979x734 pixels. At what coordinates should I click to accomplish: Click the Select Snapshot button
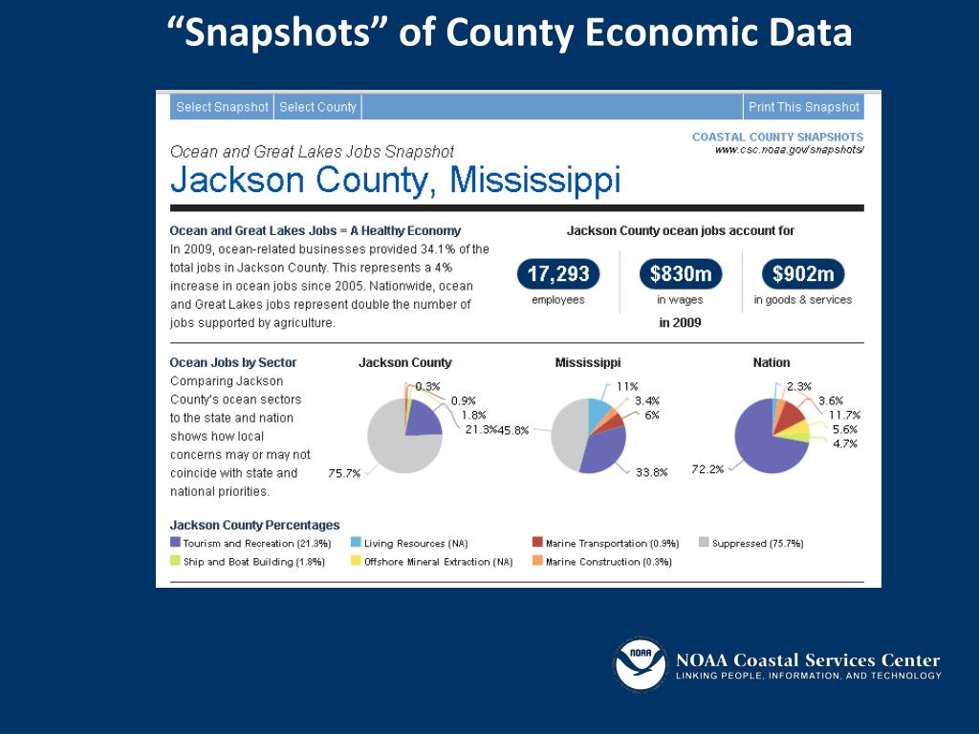coord(222,107)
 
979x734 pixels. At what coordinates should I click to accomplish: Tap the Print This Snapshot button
coord(803,107)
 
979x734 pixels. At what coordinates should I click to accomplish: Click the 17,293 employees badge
coord(558,274)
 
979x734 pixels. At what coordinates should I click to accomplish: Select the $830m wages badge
coord(680,274)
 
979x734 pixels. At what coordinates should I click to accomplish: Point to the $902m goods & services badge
coord(803,274)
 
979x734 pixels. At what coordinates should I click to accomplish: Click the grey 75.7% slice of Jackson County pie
coord(392,449)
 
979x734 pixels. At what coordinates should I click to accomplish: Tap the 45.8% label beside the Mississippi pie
coord(513,431)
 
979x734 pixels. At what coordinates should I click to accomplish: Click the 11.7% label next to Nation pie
coord(844,415)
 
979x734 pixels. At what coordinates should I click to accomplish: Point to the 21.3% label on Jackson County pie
coord(482,430)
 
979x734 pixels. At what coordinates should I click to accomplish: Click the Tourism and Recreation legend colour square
coord(175,543)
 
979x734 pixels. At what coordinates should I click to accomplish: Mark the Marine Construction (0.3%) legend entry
coord(608,562)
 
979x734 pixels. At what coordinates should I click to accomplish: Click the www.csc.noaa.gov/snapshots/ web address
coord(790,150)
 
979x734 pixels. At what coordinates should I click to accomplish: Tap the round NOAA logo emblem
coord(641,664)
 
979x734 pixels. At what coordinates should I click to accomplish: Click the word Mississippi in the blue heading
coord(535,180)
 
